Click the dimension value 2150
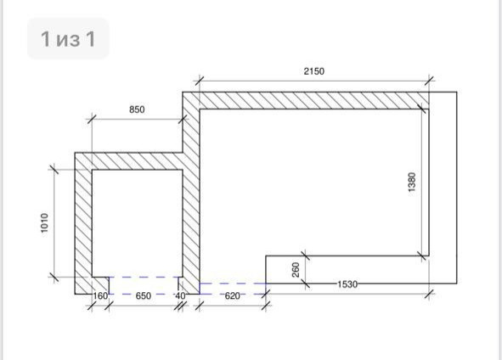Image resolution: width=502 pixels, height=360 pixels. coord(313,71)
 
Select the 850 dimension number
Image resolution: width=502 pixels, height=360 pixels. coord(137,110)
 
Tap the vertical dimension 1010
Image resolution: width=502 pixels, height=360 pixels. coord(44,222)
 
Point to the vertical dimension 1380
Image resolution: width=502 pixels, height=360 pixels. coord(412,182)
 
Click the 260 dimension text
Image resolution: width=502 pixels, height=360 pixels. coord(296,269)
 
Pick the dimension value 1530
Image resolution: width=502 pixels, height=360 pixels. coord(347,284)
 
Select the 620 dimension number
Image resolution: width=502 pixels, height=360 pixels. coord(232,295)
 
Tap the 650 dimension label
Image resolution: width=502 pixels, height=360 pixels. coord(143,295)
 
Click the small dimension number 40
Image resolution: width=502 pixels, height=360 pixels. coord(180,295)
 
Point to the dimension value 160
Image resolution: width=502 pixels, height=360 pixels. coord(100,295)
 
